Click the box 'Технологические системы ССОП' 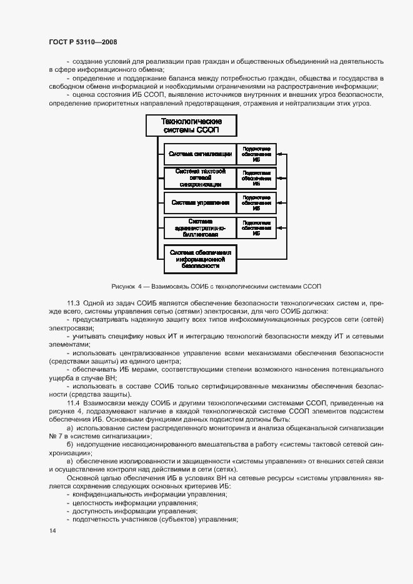[x=191, y=126]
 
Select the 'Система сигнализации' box [x=199, y=154]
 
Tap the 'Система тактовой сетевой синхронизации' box [x=199, y=177]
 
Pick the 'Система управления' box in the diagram [x=199, y=202]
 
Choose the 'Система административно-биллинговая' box [x=199, y=228]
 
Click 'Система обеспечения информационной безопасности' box [x=201, y=259]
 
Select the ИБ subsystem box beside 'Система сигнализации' [x=256, y=154]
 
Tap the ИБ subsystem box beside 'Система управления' [x=256, y=202]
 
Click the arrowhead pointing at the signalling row [x=279, y=154]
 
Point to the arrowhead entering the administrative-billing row [x=279, y=228]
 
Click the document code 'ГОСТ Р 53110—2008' [x=82, y=42]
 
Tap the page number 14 [x=52, y=531]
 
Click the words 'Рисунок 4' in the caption [x=126, y=286]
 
